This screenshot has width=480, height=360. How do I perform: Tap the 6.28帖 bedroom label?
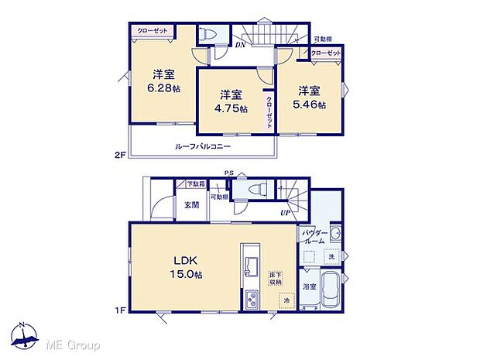pyautogui.click(x=163, y=81)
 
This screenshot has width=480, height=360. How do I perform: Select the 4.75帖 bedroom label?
pyautogui.click(x=231, y=101)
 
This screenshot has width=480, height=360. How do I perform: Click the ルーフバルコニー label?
pyautogui.click(x=202, y=146)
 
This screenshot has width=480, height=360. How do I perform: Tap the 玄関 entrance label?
pyautogui.click(x=191, y=204)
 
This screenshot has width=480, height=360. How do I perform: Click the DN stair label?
pyautogui.click(x=241, y=45)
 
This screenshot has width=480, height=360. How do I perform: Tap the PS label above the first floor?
pyautogui.click(x=228, y=173)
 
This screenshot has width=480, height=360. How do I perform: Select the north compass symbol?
pyautogui.click(x=28, y=338)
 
